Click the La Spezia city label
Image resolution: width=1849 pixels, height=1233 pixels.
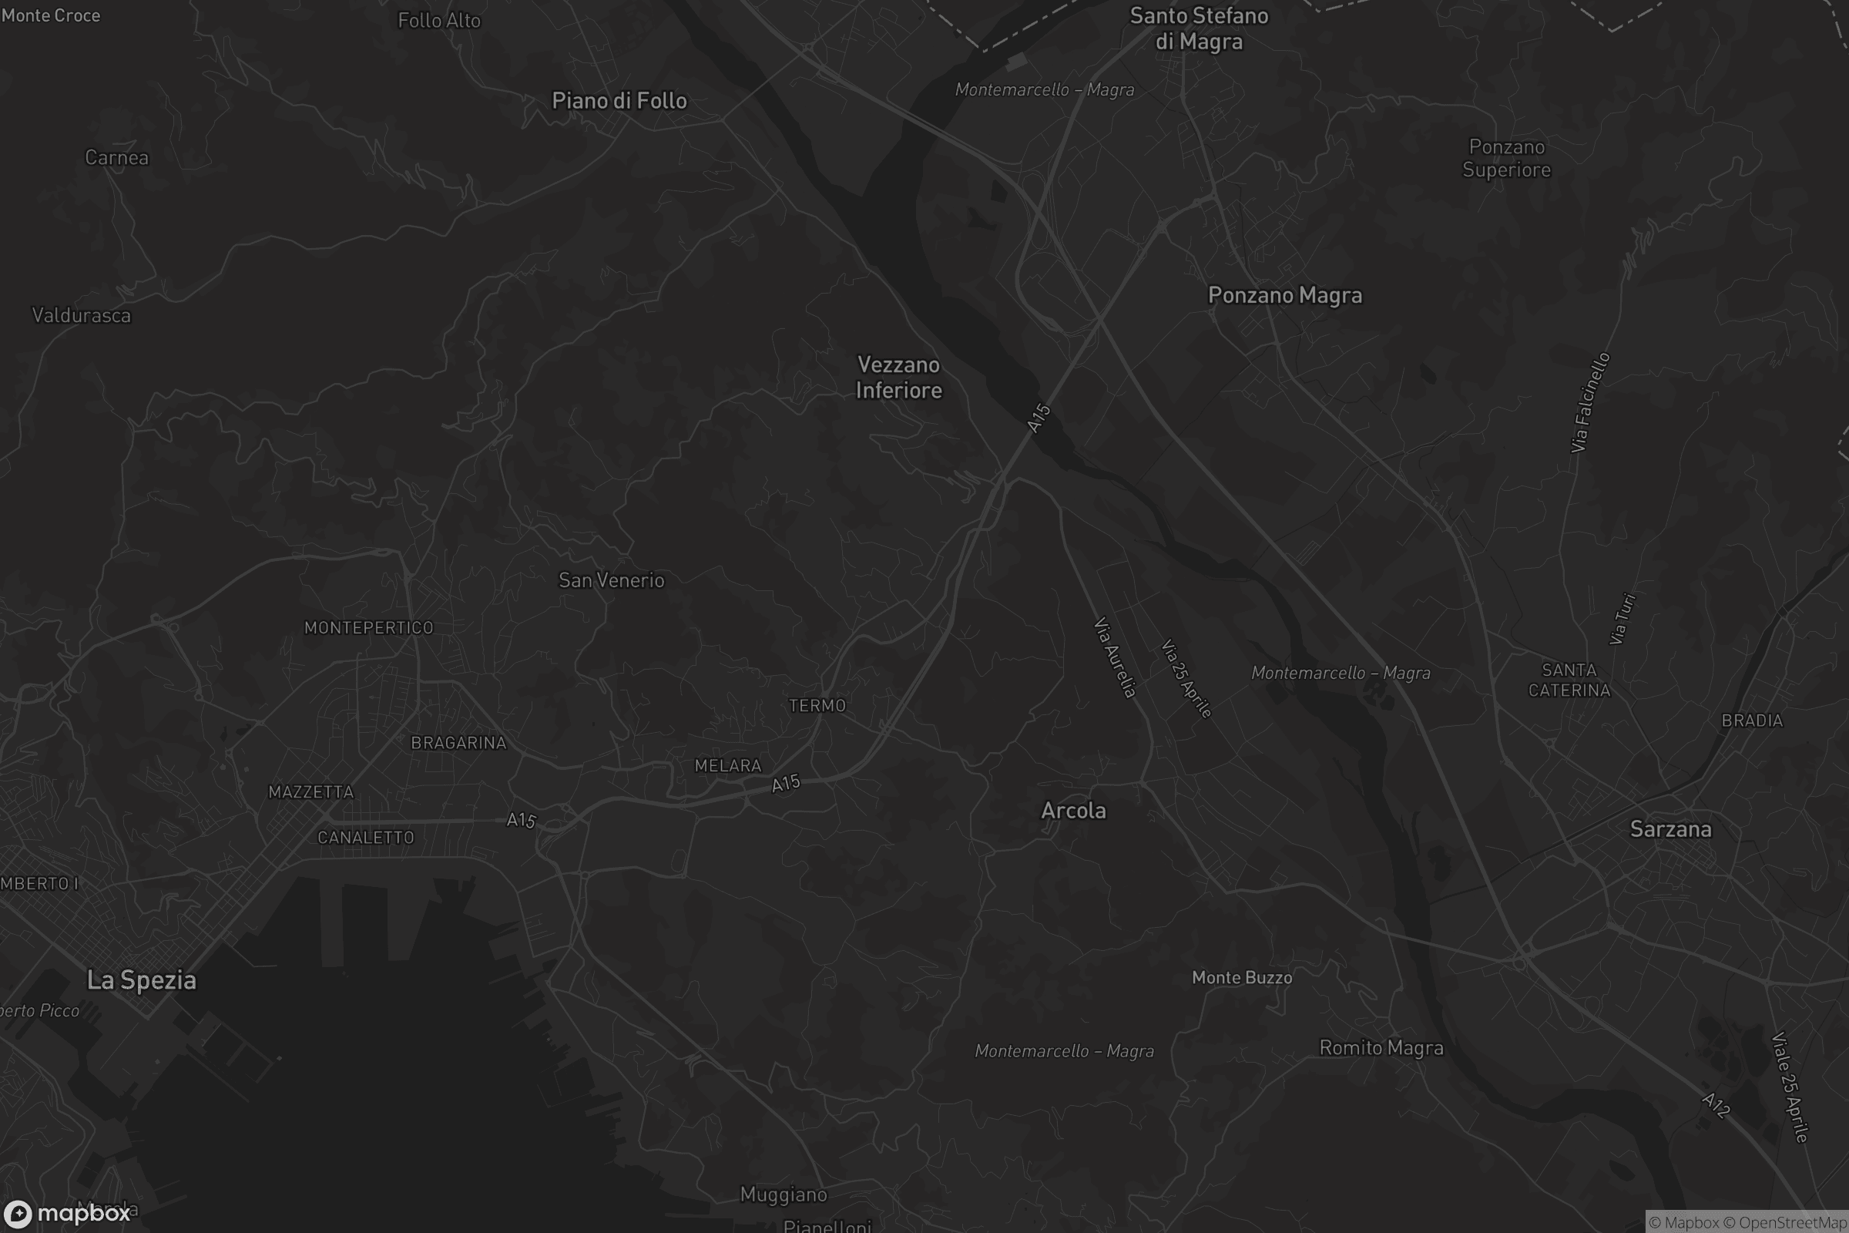(x=142, y=979)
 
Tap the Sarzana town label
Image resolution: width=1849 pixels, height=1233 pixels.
(x=1670, y=829)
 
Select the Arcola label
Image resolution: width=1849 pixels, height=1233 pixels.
(x=1073, y=810)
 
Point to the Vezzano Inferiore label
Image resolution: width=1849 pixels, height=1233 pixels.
(x=898, y=378)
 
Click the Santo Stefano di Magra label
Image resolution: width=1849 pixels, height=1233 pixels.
(x=1199, y=29)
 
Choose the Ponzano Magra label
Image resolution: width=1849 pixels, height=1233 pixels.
(x=1284, y=295)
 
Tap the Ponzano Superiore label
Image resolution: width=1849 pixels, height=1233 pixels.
(x=1506, y=158)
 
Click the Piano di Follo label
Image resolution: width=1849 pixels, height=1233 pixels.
(x=619, y=101)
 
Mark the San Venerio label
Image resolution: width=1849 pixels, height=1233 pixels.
(x=612, y=580)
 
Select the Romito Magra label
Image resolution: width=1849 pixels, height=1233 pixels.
(x=1381, y=1047)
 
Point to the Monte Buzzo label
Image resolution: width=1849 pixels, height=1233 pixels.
(x=1242, y=977)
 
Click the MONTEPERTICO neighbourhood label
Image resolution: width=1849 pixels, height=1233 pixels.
(x=369, y=627)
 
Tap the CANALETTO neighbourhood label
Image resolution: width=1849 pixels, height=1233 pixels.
(x=365, y=838)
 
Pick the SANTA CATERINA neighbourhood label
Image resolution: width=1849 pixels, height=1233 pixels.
(x=1569, y=680)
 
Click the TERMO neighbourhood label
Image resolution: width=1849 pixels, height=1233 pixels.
(x=817, y=705)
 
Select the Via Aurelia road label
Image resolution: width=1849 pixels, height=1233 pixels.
(x=1115, y=657)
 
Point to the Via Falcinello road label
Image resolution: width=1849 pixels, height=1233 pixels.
(x=1590, y=402)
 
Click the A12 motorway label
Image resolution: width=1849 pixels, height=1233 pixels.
(x=1716, y=1105)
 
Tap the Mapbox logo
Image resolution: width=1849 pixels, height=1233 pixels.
(x=67, y=1213)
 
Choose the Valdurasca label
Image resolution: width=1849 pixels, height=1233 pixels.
(x=82, y=315)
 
